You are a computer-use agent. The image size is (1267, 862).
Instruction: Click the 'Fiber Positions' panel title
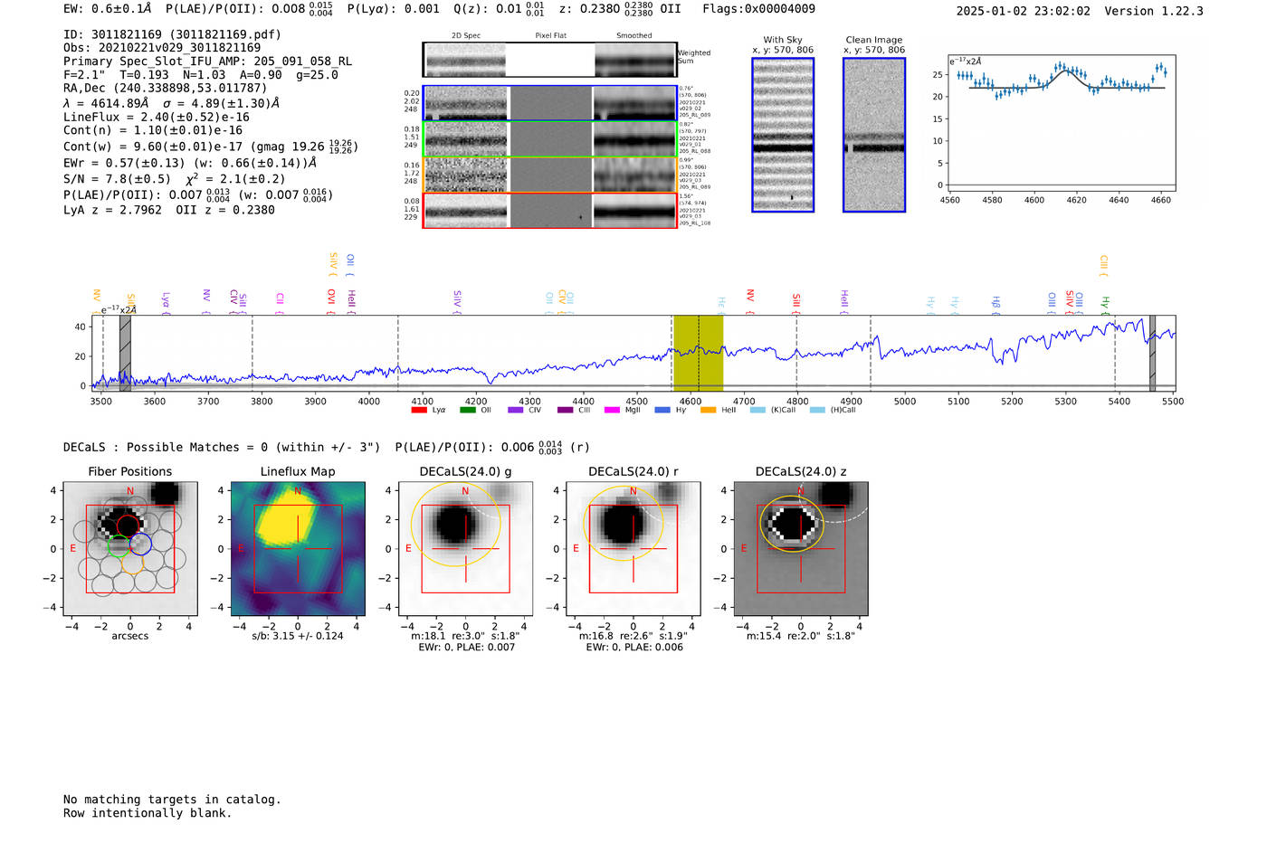click(x=129, y=471)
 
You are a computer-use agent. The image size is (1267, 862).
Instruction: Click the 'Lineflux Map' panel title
click(x=298, y=471)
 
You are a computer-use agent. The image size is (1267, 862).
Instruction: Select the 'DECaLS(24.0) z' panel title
click(x=800, y=471)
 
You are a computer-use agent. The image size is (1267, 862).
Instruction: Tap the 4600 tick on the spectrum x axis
click(x=691, y=402)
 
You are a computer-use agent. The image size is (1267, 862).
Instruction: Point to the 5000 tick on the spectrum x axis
click(x=905, y=402)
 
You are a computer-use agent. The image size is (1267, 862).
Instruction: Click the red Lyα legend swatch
click(x=419, y=411)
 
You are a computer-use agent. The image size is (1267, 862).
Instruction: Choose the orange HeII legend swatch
click(x=709, y=411)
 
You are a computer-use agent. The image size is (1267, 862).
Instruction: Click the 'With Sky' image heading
click(x=783, y=40)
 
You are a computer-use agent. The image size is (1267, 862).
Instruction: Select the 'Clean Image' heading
click(x=874, y=40)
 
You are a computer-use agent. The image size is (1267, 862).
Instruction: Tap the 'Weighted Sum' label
click(x=694, y=57)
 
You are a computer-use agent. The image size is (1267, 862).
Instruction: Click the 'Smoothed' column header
click(x=633, y=36)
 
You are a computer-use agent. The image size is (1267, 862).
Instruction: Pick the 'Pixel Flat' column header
click(x=550, y=36)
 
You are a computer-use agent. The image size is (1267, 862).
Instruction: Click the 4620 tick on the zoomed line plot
click(x=1076, y=200)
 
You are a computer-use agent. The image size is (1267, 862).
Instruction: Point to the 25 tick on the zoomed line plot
click(x=938, y=75)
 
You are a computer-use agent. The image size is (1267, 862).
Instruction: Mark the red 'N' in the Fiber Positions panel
click(x=130, y=491)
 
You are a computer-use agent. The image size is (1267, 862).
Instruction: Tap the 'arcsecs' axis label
click(x=129, y=636)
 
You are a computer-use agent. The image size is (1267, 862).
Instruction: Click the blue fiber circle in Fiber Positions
click(x=140, y=545)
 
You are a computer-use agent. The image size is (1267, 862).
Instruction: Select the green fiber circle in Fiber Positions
click(x=119, y=545)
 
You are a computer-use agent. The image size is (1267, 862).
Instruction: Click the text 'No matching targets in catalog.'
click(x=172, y=800)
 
